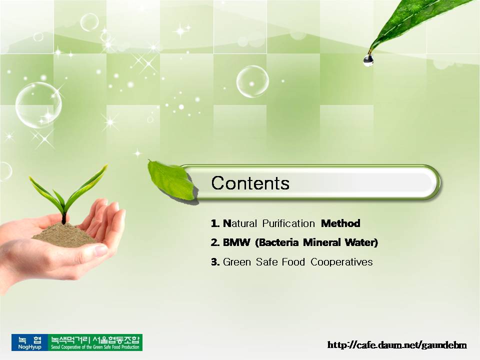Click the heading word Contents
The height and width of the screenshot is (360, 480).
(250, 183)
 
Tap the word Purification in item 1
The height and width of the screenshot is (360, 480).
(288, 223)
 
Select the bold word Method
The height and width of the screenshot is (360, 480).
(340, 223)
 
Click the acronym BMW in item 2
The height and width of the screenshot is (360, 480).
(236, 242)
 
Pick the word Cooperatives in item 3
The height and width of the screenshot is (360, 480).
(341, 262)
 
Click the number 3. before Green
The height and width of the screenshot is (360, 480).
(215, 262)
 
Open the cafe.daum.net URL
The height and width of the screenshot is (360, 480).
(397, 345)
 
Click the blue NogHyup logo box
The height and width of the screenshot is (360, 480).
(29, 342)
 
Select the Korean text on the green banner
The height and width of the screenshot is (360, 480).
(95, 339)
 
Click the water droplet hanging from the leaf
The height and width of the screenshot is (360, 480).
(368, 60)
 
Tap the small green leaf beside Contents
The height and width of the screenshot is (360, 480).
(171, 180)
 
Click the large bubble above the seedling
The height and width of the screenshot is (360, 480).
(38, 105)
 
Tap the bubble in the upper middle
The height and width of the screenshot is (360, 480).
(252, 81)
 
